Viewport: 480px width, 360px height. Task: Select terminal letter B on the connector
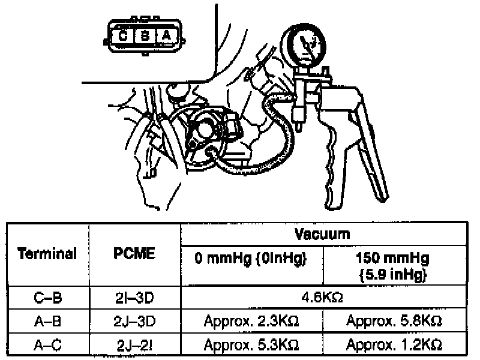[x=145, y=36]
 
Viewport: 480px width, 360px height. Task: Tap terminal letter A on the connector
[x=166, y=36]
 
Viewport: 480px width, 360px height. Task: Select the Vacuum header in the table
[x=322, y=233]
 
